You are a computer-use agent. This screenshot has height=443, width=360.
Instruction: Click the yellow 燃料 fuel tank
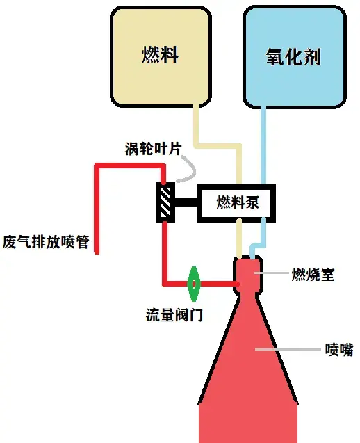tap(161, 56)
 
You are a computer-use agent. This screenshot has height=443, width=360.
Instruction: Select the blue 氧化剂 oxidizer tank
tap(295, 56)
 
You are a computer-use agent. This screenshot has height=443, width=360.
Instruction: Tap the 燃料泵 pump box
tap(236, 203)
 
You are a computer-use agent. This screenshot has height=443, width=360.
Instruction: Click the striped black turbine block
tap(165, 202)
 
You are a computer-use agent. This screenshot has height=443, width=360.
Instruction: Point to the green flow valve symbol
tap(194, 284)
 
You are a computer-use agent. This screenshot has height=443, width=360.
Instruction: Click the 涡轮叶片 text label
tap(154, 149)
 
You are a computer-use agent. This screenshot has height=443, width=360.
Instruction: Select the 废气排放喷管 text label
tap(46, 242)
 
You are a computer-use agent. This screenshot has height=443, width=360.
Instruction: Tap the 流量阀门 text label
tap(174, 315)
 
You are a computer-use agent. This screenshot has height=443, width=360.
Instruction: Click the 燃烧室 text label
tap(313, 274)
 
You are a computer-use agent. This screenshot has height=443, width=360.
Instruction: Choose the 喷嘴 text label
tap(339, 350)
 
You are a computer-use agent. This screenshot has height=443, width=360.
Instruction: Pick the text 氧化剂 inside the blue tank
tap(293, 56)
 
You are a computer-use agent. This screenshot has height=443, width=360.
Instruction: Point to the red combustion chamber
tap(248, 275)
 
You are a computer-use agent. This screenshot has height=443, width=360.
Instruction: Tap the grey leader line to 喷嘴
tap(288, 350)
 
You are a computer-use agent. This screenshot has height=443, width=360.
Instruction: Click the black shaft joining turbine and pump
tap(186, 202)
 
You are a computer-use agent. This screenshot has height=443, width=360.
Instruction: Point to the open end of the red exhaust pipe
tap(97, 252)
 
